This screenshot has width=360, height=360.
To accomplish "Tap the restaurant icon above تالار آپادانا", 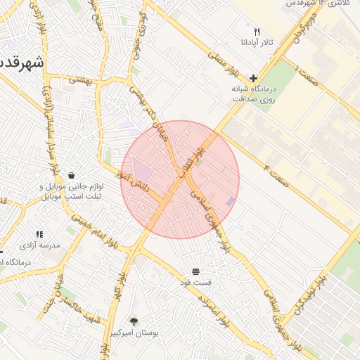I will (x=257, y=32).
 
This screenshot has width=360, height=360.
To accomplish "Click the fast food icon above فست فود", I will (x=195, y=271).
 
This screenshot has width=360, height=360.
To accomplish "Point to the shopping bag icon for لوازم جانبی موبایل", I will (x=71, y=175).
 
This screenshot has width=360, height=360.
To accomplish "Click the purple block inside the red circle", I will (x=143, y=170).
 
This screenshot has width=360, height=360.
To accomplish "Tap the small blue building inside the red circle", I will (x=231, y=202).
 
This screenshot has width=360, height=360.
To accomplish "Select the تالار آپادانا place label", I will (x=257, y=44).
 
